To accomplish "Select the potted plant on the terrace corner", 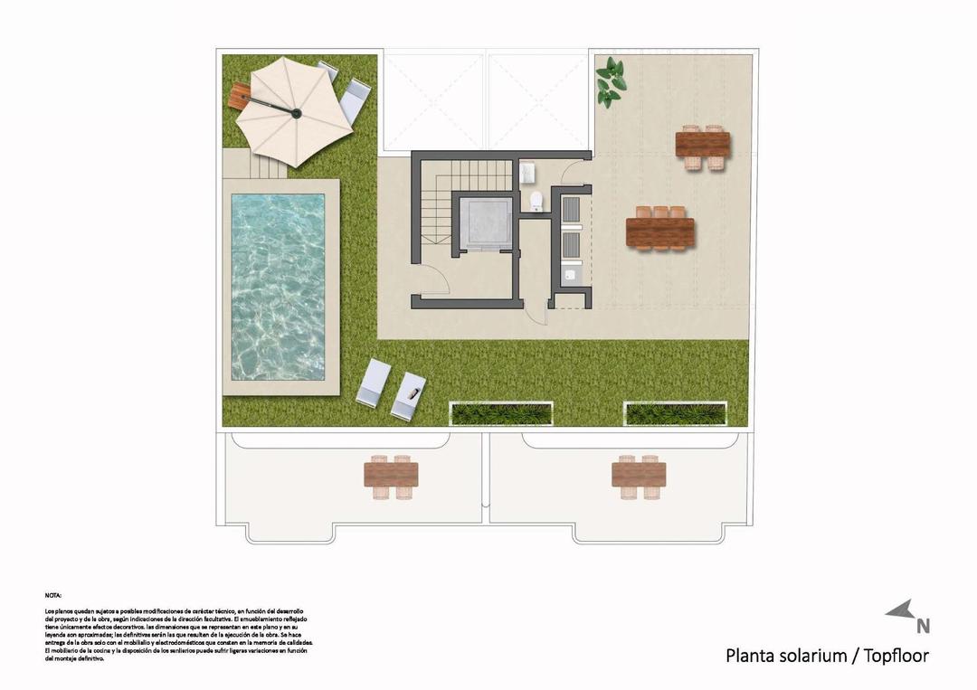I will tap(611, 81).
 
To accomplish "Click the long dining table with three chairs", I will tap(659, 232).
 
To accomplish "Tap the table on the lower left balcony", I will tap(391, 475).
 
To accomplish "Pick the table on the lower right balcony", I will tap(638, 475).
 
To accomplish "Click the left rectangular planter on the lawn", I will tap(501, 414).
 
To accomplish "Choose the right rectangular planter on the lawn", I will tap(674, 414).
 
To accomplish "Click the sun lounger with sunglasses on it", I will tap(410, 395).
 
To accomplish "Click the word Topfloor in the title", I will tap(896, 656).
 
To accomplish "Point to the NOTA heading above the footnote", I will tap(53, 596).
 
